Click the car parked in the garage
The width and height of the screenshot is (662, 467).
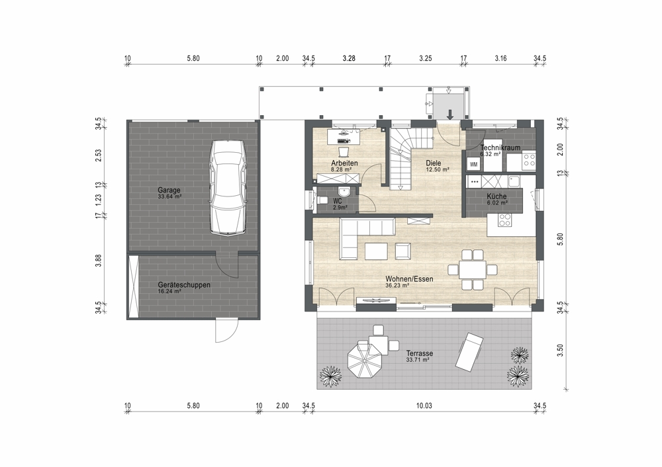point(228,187)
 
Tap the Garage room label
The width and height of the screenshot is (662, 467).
point(169,190)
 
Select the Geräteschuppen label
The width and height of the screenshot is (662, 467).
point(184,284)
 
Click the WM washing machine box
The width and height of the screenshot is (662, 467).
point(474,165)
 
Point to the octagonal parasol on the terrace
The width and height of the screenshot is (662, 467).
point(365,361)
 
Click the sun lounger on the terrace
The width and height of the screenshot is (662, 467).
point(469,351)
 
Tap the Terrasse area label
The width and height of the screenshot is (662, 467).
point(419,353)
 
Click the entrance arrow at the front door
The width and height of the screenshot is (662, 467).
point(450,114)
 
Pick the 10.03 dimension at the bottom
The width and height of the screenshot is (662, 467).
point(424,406)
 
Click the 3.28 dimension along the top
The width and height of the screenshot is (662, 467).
point(349,58)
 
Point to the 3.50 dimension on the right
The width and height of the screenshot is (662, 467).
point(560,350)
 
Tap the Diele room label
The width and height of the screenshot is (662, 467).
point(433,163)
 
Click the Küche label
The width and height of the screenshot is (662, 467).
point(496,196)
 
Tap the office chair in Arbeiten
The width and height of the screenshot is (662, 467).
point(343,150)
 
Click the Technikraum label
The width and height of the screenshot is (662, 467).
point(500,148)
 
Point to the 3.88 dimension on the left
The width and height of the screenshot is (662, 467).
point(99,260)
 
